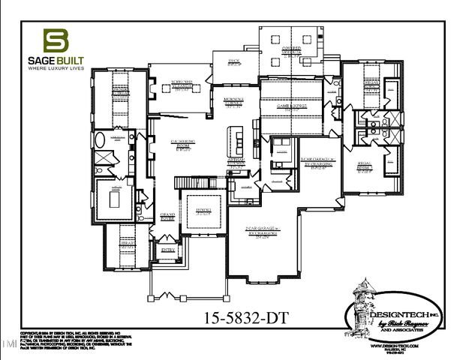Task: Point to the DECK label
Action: coord(233,62)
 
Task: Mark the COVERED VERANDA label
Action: coord(292,50)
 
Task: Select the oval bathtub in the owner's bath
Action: coord(101,140)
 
